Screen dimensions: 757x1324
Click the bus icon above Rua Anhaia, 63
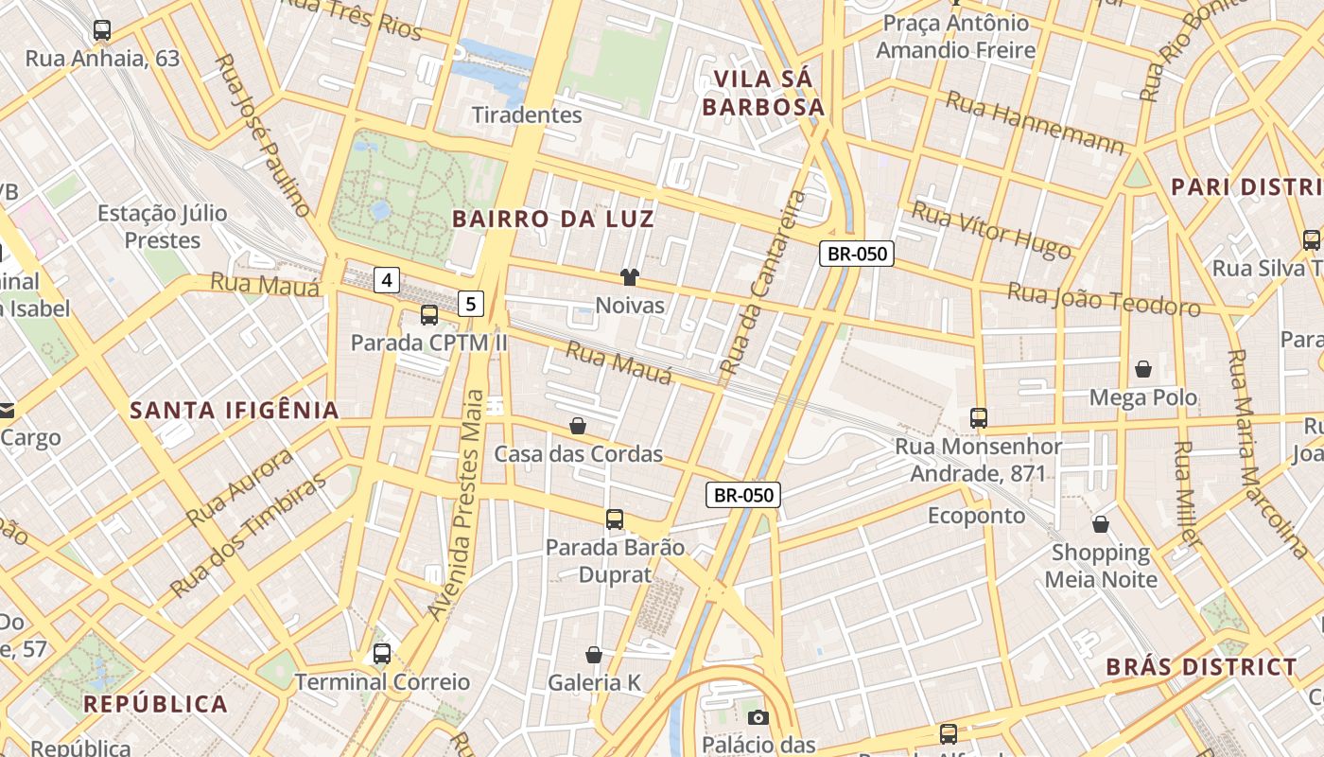coord(102,30)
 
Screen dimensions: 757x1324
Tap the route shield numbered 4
coord(387,279)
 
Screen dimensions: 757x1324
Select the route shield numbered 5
coord(471,304)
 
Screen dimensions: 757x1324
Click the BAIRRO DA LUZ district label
coord(553,220)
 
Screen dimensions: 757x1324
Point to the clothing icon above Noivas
coord(630,277)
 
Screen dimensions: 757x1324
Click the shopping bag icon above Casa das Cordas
coord(578,426)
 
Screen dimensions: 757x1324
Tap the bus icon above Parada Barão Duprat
coord(615,519)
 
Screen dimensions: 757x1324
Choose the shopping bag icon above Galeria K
coord(594,655)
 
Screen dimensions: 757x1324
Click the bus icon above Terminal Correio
coord(382,653)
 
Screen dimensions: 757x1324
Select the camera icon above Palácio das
coord(758,717)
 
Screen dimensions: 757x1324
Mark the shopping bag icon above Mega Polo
coord(1143,368)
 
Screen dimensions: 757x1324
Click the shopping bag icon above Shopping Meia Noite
coord(1101,523)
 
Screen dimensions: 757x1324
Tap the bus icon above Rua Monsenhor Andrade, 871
coord(979,417)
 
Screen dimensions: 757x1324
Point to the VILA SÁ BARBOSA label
coord(764,93)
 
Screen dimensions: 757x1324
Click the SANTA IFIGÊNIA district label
coord(235,411)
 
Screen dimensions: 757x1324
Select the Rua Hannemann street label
coord(1036,123)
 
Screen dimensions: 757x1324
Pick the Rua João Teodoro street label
coord(1104,299)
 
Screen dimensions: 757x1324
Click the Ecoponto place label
coord(976,516)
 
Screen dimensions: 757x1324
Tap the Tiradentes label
coord(527,115)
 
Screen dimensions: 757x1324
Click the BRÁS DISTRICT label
coord(1201,667)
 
